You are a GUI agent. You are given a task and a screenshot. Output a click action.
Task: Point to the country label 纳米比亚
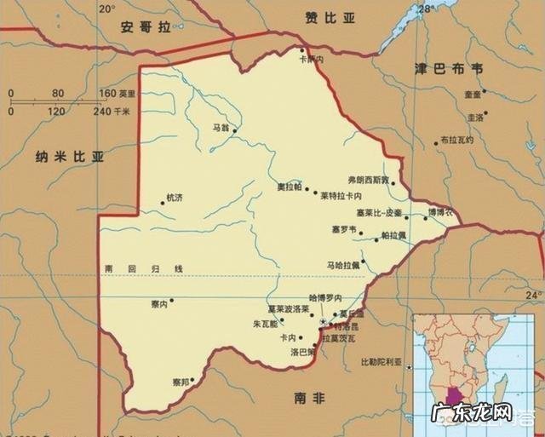coord(69,157)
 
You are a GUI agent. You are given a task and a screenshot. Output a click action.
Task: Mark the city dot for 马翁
coord(234,130)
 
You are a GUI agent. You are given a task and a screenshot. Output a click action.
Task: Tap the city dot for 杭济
coord(163,203)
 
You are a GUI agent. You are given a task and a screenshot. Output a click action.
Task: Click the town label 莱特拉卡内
coord(341,195)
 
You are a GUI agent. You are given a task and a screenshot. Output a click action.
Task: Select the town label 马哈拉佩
coord(344,265)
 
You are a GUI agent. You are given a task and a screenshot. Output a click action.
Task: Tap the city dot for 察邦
coord(193,381)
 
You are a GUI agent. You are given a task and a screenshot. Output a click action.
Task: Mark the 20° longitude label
coord(106,9)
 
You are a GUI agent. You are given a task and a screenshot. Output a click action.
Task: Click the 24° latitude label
coord(533,295)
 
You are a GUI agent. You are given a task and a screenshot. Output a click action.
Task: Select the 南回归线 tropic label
coord(144,269)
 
